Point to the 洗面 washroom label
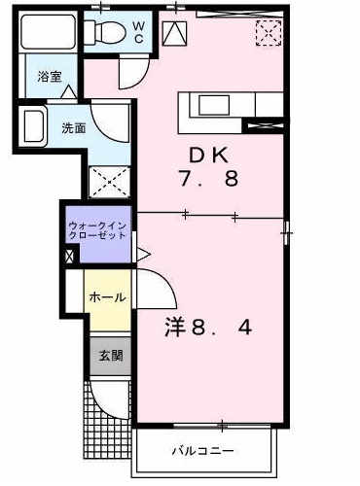click(73, 127)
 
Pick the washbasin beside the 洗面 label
click(36, 127)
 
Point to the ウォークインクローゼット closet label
click(95, 232)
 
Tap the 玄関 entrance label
click(109, 357)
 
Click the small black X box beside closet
click(68, 257)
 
